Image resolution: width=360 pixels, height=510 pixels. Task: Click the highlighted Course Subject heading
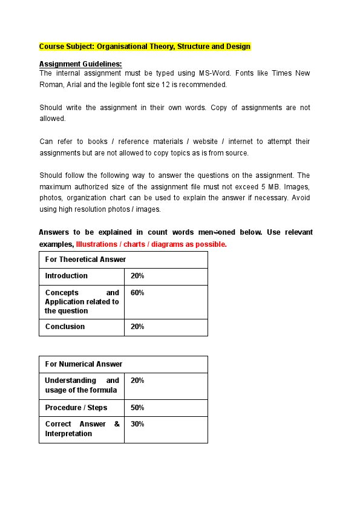(145, 47)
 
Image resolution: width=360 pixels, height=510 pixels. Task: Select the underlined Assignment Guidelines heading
(80, 64)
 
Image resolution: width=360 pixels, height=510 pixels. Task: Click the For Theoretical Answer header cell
(85, 260)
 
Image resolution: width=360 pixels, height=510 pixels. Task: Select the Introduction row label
(66, 276)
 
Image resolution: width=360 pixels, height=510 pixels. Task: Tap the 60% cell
(137, 293)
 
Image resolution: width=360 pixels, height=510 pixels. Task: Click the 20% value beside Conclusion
(137, 327)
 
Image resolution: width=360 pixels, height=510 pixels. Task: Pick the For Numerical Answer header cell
(83, 364)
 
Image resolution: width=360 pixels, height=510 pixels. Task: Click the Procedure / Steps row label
(76, 408)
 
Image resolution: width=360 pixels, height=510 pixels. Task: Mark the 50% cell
(137, 408)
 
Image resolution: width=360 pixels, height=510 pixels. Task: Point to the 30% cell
(137, 424)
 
